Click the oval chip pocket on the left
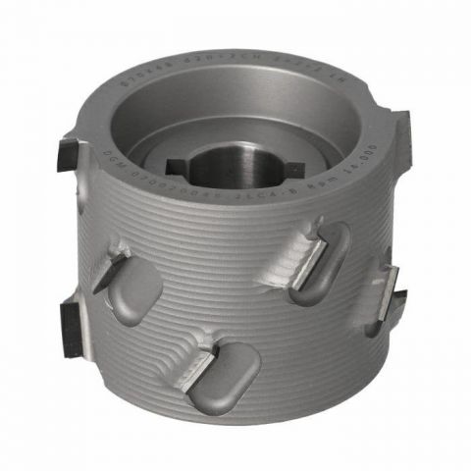(133, 291)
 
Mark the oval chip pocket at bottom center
(224, 378)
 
